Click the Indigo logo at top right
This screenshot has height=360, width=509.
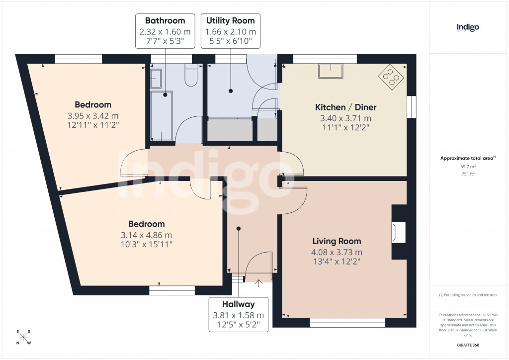coord(468,27)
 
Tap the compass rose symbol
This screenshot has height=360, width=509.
coord(23,337)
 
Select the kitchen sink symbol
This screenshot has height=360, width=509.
coord(331,72)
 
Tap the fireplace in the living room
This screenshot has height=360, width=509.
coord(398,232)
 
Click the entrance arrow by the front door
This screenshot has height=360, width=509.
coord(258,284)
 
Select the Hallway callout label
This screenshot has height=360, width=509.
coord(238,315)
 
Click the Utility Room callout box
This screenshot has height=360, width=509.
coord(230,31)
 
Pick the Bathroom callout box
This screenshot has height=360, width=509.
coord(165,31)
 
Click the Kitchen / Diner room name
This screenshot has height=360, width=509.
coord(346,107)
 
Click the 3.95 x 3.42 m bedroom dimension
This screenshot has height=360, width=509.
coord(93,116)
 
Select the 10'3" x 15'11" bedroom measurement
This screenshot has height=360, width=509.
coord(146,244)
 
